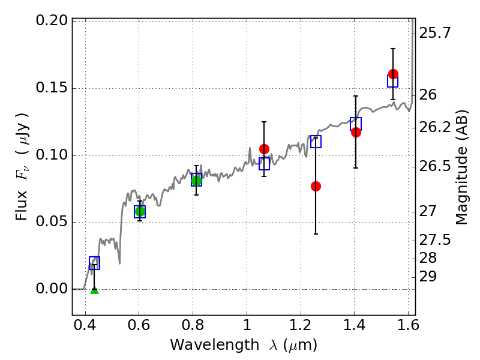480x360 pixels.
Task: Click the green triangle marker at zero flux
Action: [95, 290]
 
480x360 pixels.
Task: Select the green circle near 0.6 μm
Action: [140, 211]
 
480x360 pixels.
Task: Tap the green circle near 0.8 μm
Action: [197, 181]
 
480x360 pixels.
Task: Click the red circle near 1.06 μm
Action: [264, 149]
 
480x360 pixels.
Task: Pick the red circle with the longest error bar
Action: [316, 186]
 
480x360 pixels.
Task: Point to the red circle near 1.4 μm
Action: [356, 132]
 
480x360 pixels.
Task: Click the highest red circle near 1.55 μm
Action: [393, 74]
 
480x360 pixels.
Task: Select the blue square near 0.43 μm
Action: [94, 263]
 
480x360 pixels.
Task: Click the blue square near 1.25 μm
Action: [316, 142]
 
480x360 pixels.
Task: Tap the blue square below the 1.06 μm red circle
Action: [264, 164]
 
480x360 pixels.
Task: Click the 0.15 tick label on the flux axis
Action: [52, 88]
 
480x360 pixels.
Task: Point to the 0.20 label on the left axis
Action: [52, 20]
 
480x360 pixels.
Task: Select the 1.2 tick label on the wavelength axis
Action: [301, 325]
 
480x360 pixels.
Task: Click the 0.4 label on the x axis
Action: [85, 325]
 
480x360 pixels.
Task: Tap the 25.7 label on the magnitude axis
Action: [434, 33]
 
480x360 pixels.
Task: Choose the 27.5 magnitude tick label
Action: [434, 240]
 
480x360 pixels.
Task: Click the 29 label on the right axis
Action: [428, 277]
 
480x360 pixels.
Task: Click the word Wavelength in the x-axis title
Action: [215, 346]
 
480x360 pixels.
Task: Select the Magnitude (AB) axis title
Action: [462, 167]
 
